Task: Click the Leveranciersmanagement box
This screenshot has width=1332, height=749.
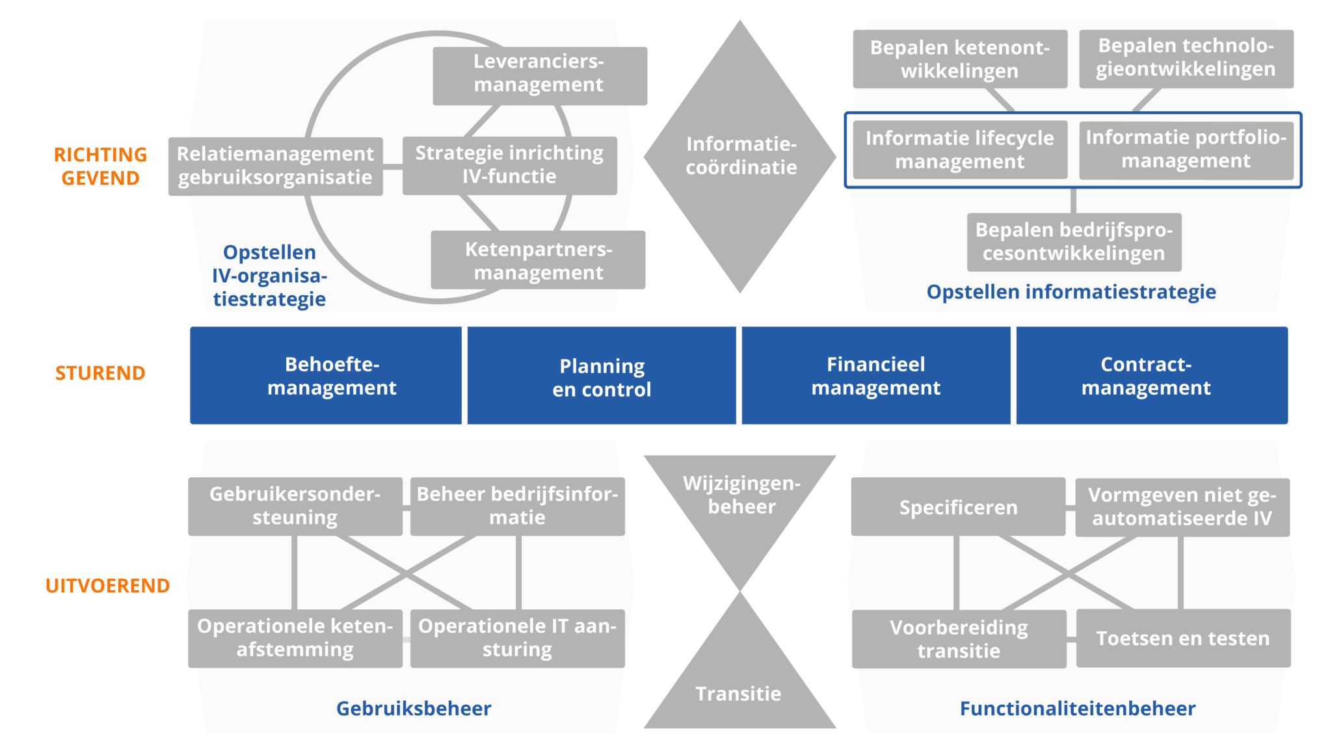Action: (x=539, y=75)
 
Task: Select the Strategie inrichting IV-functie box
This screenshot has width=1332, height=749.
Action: (x=509, y=165)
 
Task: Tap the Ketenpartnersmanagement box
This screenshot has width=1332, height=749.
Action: (x=538, y=260)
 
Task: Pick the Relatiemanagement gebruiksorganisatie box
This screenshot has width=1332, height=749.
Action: (x=275, y=166)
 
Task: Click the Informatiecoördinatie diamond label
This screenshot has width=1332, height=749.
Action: (x=741, y=156)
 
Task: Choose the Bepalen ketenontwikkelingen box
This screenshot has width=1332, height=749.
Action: (x=959, y=59)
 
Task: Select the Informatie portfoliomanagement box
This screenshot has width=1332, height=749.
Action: (x=1186, y=150)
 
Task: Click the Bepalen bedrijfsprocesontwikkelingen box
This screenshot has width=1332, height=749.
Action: (x=1074, y=242)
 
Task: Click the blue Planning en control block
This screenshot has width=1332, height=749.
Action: (x=602, y=376)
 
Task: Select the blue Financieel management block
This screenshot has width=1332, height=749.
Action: (x=875, y=375)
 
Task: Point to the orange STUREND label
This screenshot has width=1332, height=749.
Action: (x=100, y=373)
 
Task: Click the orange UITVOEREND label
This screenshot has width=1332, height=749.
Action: (x=107, y=586)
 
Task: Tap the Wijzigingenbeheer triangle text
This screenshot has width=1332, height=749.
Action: (x=741, y=495)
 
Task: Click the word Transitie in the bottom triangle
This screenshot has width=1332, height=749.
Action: (x=739, y=694)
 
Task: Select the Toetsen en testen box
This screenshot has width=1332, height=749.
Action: (x=1182, y=638)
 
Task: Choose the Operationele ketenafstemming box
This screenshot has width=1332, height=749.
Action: (x=295, y=638)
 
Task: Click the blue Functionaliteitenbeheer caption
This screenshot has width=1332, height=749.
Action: (x=1077, y=708)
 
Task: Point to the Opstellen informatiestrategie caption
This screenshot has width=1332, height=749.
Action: (x=1071, y=292)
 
